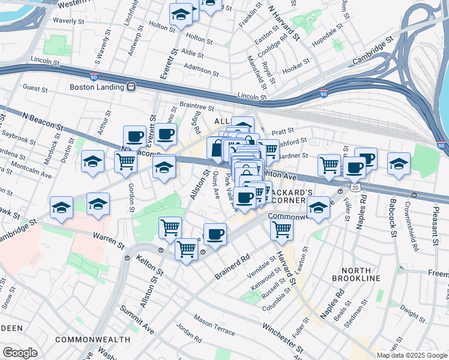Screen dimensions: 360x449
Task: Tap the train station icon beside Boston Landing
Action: (130, 86)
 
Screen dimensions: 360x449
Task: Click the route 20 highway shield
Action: (356, 188)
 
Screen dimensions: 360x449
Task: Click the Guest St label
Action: (35, 89)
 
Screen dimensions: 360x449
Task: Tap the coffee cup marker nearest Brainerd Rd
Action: (215, 234)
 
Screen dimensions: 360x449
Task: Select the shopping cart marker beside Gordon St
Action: (125, 162)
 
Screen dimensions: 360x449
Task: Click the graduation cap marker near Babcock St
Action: (399, 163)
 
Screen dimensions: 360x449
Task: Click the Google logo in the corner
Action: (20, 353)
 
